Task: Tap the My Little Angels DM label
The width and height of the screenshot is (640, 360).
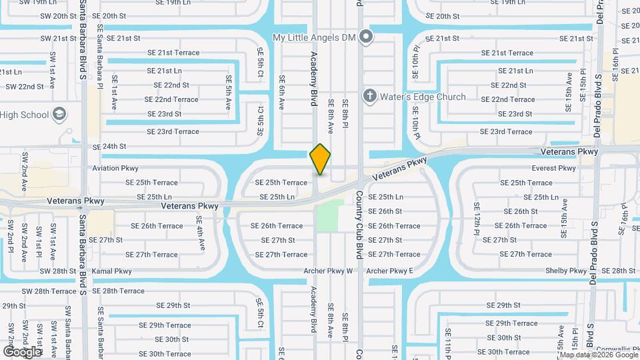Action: tap(315, 38)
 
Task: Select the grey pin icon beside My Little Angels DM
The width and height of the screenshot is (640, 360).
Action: tap(365, 37)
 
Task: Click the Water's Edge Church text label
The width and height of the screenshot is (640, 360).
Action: tap(422, 97)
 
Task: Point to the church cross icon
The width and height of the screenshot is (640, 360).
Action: tap(369, 97)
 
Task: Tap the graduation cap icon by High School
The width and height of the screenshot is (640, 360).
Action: tap(59, 115)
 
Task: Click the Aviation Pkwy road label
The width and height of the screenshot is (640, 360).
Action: tap(115, 168)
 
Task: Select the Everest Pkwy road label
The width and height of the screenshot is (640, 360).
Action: tap(554, 168)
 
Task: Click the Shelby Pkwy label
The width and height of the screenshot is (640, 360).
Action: tap(567, 271)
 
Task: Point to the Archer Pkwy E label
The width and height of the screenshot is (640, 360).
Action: tap(389, 271)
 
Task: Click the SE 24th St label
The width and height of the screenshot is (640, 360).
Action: tap(109, 146)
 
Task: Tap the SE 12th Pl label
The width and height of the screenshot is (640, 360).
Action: tap(477, 220)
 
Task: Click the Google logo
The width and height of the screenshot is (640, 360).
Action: tap(22, 351)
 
